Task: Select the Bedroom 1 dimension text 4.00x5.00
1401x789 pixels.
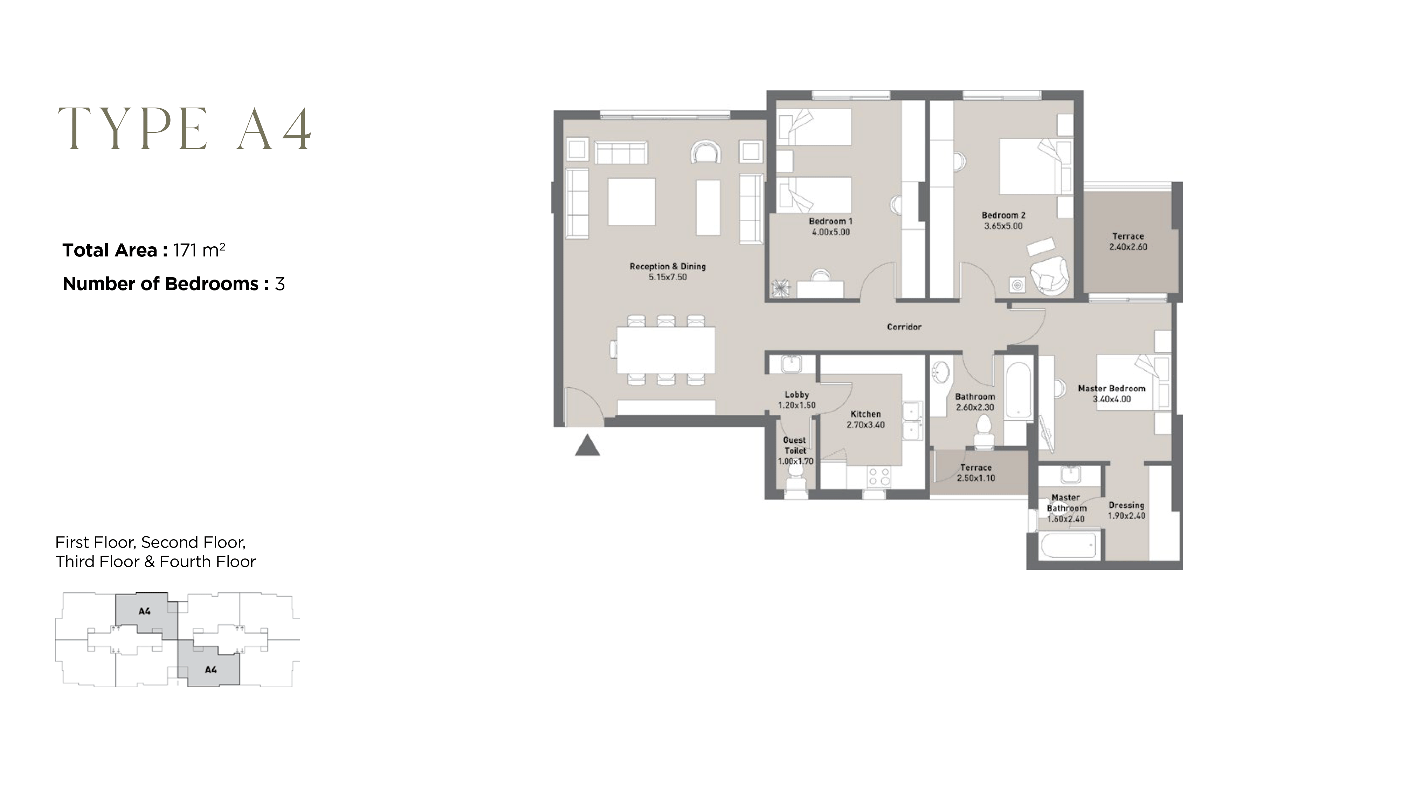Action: click(x=830, y=232)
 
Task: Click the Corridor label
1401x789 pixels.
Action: click(x=904, y=327)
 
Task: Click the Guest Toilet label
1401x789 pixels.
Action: click(x=795, y=445)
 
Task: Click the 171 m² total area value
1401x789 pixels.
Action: click(x=199, y=250)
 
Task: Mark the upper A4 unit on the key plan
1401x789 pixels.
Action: click(x=144, y=612)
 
